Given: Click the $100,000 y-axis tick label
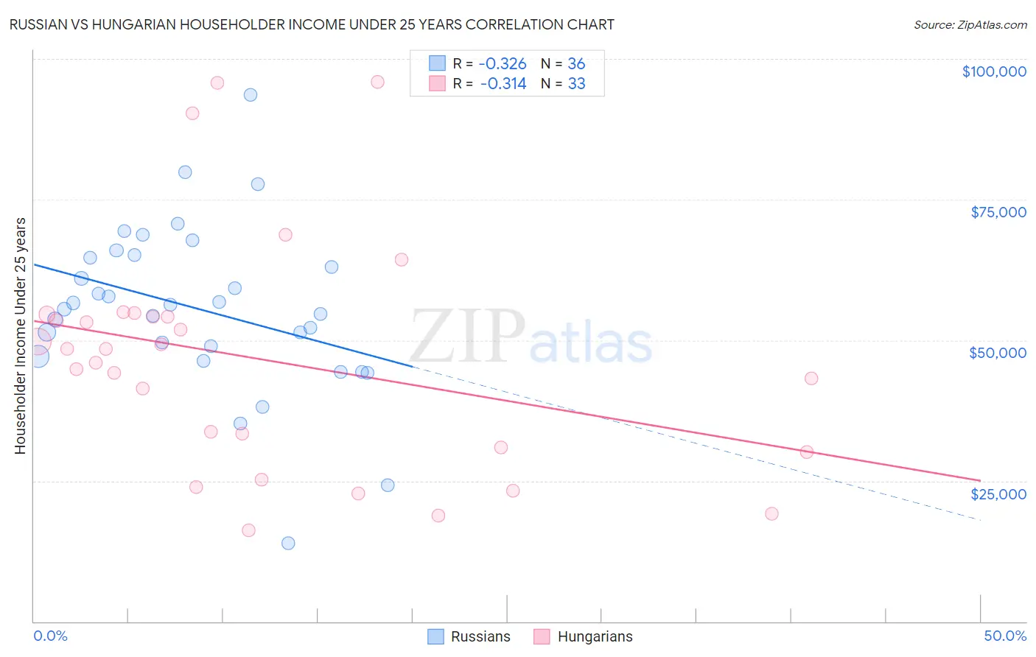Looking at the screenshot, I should [x=993, y=71].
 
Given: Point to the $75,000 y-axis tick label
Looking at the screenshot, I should [x=998, y=212].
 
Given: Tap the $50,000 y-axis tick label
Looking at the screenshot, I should [x=997, y=353].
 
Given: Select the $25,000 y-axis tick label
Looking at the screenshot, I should [x=998, y=493].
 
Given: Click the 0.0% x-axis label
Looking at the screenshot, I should [x=50, y=636].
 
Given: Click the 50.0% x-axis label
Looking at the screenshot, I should [x=1004, y=636].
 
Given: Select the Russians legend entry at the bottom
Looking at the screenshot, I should [x=469, y=636].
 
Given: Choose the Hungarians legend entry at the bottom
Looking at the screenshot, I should [x=583, y=636].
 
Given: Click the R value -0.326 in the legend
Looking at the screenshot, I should [x=503, y=63].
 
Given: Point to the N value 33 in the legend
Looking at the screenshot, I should [x=576, y=84].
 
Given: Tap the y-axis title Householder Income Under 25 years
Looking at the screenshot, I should [x=20, y=335].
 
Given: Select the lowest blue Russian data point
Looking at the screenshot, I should [x=288, y=543].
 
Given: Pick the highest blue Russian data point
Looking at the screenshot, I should [x=251, y=94].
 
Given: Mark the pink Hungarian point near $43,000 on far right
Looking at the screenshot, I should [x=811, y=378].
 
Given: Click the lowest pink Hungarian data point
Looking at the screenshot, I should [x=248, y=530].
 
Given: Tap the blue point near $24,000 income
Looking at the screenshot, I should [x=388, y=485].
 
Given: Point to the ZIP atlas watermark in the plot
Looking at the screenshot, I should [x=531, y=337].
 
